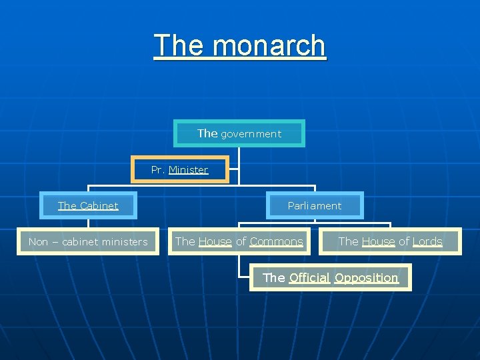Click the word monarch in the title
point(269,46)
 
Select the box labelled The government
point(239,133)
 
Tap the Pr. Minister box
point(179,169)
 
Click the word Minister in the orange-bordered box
point(189,170)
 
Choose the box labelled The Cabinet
point(88,205)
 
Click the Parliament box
point(315,205)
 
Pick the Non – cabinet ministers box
point(88,241)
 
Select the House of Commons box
point(239,241)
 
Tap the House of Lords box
point(390,241)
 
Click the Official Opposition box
point(331,277)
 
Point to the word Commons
point(276,241)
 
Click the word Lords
point(427,241)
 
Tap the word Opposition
point(366,277)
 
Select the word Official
point(310,277)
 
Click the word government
point(251,134)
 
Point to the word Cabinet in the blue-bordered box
point(99,205)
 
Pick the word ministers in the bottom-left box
point(125,242)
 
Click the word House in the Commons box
point(215,241)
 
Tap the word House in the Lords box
point(379,241)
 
